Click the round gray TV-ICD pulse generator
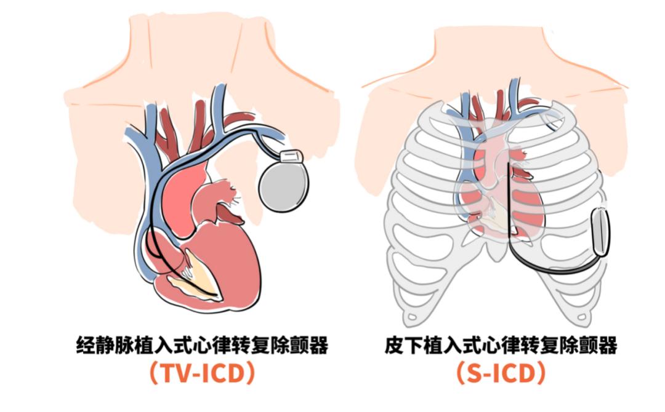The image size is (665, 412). [283, 186]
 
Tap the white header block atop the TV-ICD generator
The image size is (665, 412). [292, 157]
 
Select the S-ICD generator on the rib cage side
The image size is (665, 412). [600, 232]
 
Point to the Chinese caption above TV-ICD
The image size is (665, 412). [202, 344]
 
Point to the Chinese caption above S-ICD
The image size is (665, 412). [501, 344]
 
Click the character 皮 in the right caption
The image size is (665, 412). [395, 345]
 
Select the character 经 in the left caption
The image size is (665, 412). [86, 345]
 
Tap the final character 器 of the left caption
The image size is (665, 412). [318, 345]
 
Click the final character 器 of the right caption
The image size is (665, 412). [608, 345]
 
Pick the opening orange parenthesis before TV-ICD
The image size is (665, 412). [154, 373]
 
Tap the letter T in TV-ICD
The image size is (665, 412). [169, 373]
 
